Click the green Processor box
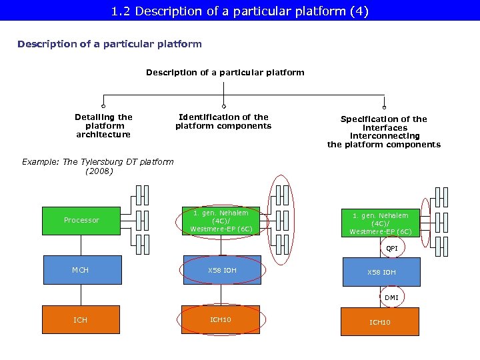(x=81, y=221)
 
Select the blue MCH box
(x=81, y=270)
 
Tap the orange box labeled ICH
(x=81, y=320)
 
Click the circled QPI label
(x=391, y=249)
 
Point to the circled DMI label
(x=391, y=297)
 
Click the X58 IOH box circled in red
(x=222, y=270)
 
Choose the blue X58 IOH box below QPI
(x=381, y=273)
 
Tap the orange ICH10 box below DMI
(x=380, y=322)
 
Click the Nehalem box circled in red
(x=221, y=221)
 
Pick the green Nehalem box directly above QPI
(x=380, y=223)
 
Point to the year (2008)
(x=99, y=171)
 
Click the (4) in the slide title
(x=359, y=11)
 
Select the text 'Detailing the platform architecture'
(x=104, y=125)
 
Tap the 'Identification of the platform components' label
(x=223, y=121)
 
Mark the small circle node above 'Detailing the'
(x=103, y=106)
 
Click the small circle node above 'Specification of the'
(x=384, y=106)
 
